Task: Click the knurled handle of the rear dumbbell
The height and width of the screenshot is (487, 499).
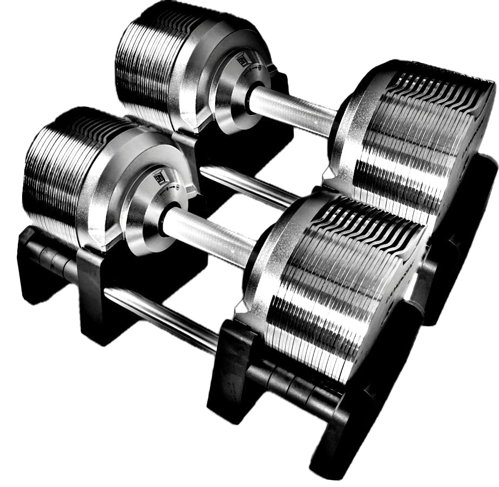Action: [x=294, y=111]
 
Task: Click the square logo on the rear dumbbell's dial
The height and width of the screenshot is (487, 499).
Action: [x=241, y=61]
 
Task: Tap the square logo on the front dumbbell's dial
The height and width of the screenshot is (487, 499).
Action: [x=158, y=177]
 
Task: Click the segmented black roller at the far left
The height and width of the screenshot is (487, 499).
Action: [x=51, y=259]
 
